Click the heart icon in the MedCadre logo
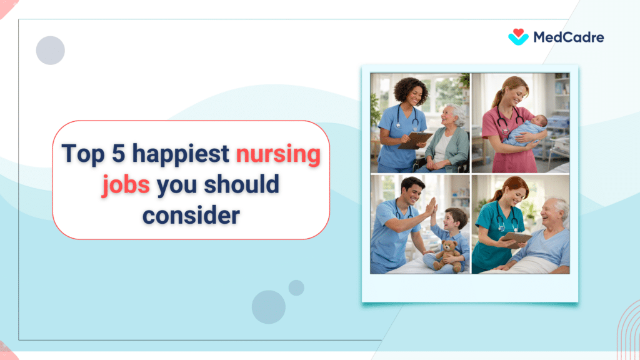point(518,37)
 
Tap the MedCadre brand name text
point(568,37)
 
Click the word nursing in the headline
point(278,154)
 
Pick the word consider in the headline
point(191,215)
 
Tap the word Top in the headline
point(82,154)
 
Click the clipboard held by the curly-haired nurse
point(415,139)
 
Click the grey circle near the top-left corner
point(51,51)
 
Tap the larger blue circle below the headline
point(269,307)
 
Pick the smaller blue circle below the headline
point(296,287)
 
